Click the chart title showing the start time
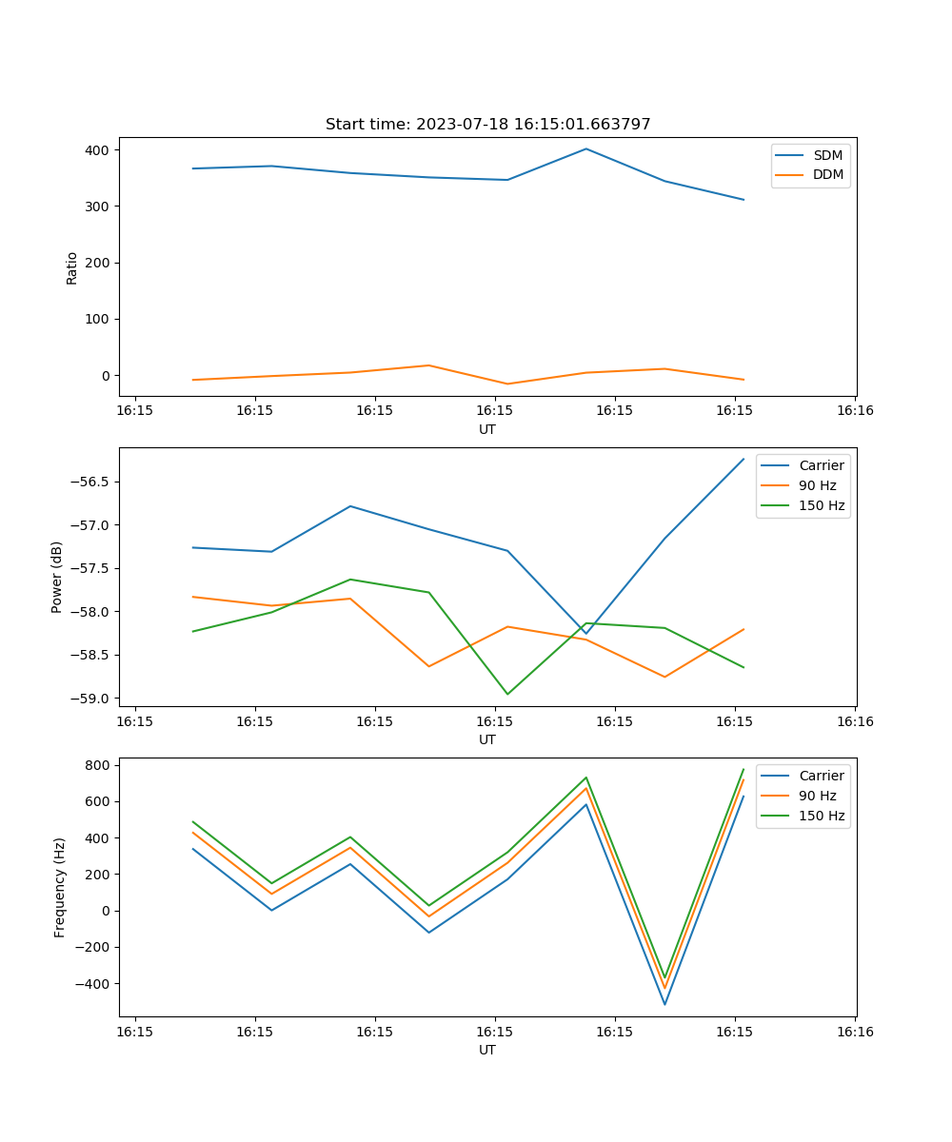[487, 125]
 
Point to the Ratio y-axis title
[72, 267]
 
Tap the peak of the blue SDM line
[585, 148]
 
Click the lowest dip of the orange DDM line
[507, 384]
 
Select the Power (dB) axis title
[58, 577]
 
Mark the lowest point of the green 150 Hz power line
[507, 694]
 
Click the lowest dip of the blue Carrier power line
[585, 634]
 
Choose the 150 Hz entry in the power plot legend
[822, 505]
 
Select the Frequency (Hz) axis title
[60, 887]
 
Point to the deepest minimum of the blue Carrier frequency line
[664, 1004]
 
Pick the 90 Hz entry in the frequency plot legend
[817, 796]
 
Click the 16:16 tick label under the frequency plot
[855, 1031]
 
